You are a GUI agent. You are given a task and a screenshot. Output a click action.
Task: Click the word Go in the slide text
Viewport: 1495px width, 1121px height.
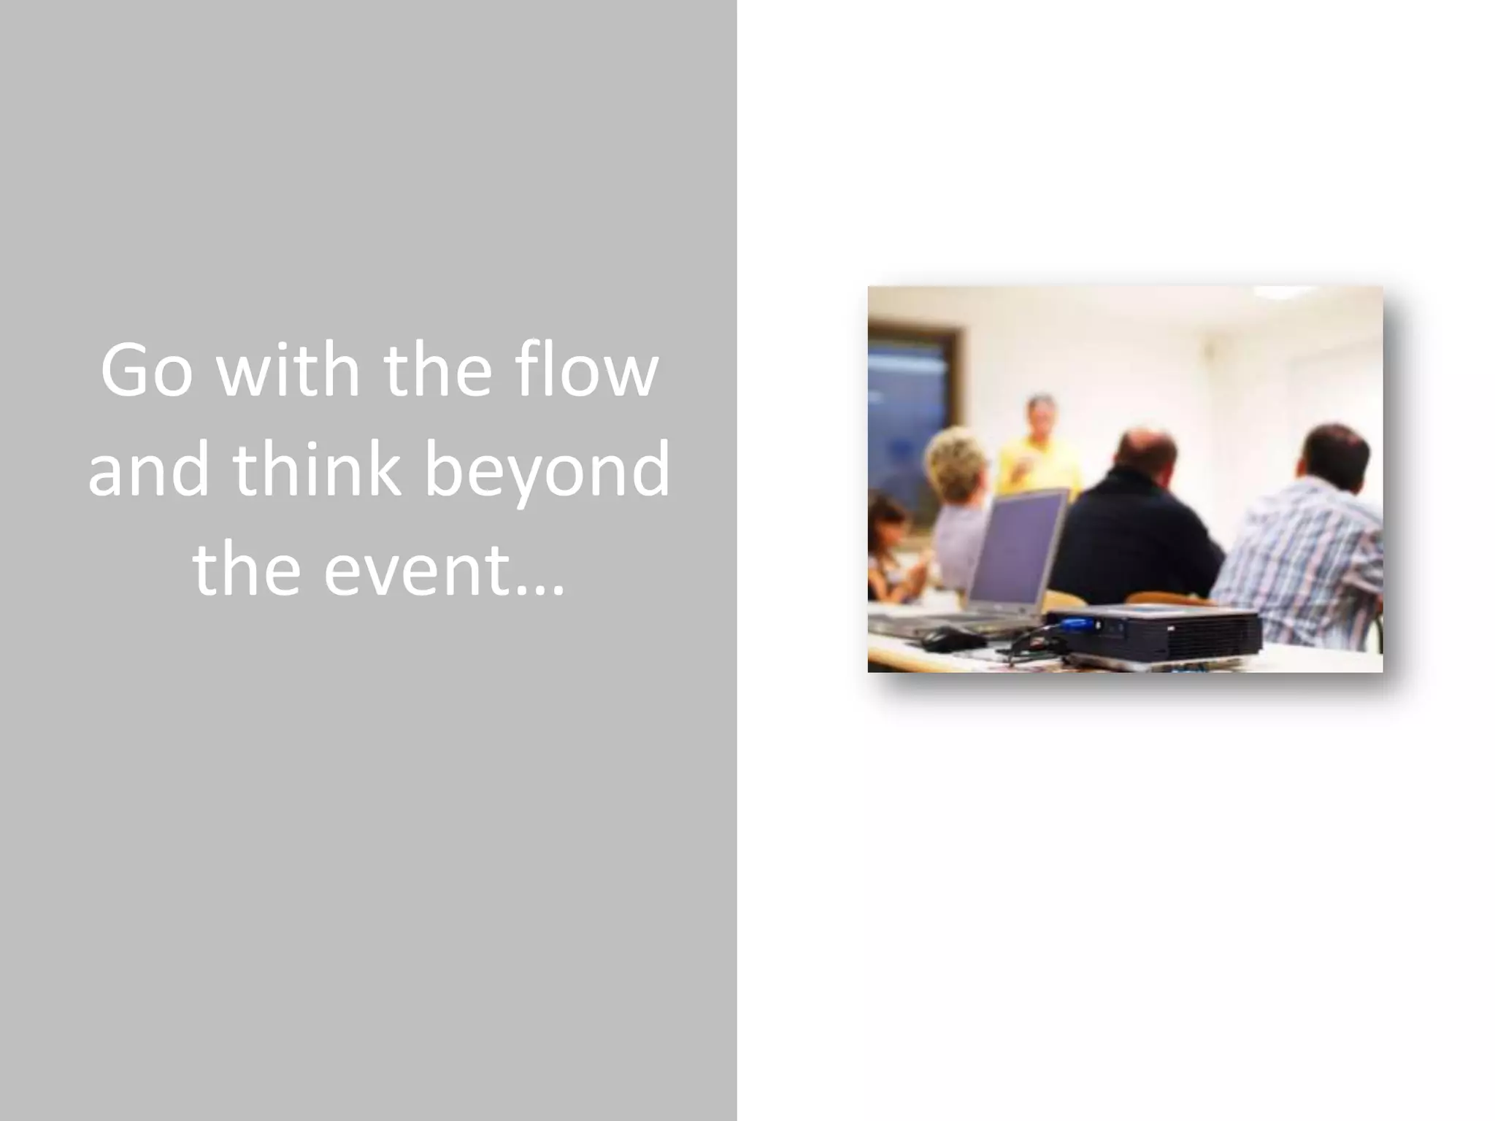147,371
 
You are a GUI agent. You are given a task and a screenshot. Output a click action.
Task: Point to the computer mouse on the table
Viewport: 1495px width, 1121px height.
952,639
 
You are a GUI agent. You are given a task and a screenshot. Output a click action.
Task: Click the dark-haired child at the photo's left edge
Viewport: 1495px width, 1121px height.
887,540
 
